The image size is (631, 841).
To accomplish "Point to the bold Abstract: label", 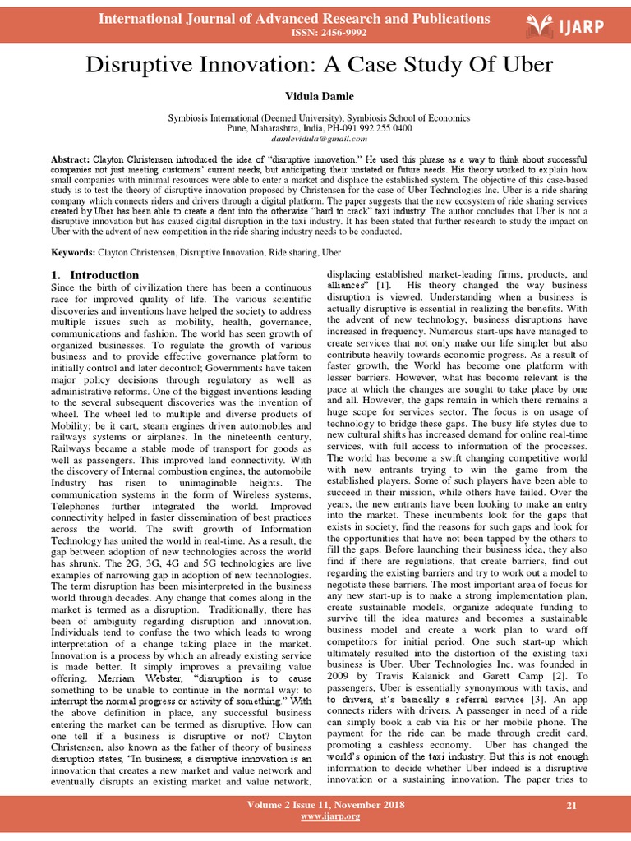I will tap(71, 158).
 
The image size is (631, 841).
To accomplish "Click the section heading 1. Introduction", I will tap(94, 274).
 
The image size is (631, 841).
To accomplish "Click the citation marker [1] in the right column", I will tap(383, 285).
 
